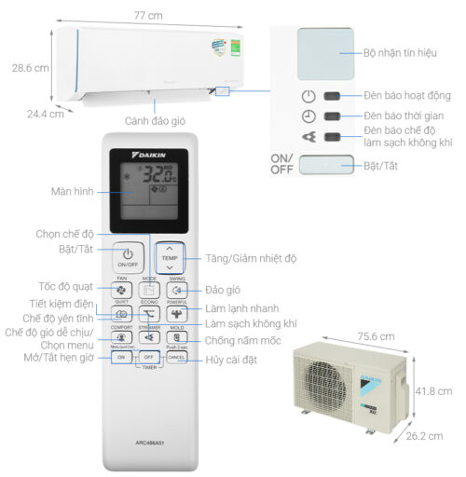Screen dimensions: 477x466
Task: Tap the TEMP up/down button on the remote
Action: click(x=169, y=256)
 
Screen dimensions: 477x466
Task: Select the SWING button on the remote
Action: click(x=177, y=289)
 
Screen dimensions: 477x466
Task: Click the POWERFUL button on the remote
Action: click(x=177, y=314)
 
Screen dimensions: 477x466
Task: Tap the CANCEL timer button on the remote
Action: click(x=177, y=358)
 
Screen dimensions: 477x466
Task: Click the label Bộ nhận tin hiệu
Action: click(x=400, y=52)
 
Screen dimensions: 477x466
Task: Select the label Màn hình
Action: click(x=72, y=192)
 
